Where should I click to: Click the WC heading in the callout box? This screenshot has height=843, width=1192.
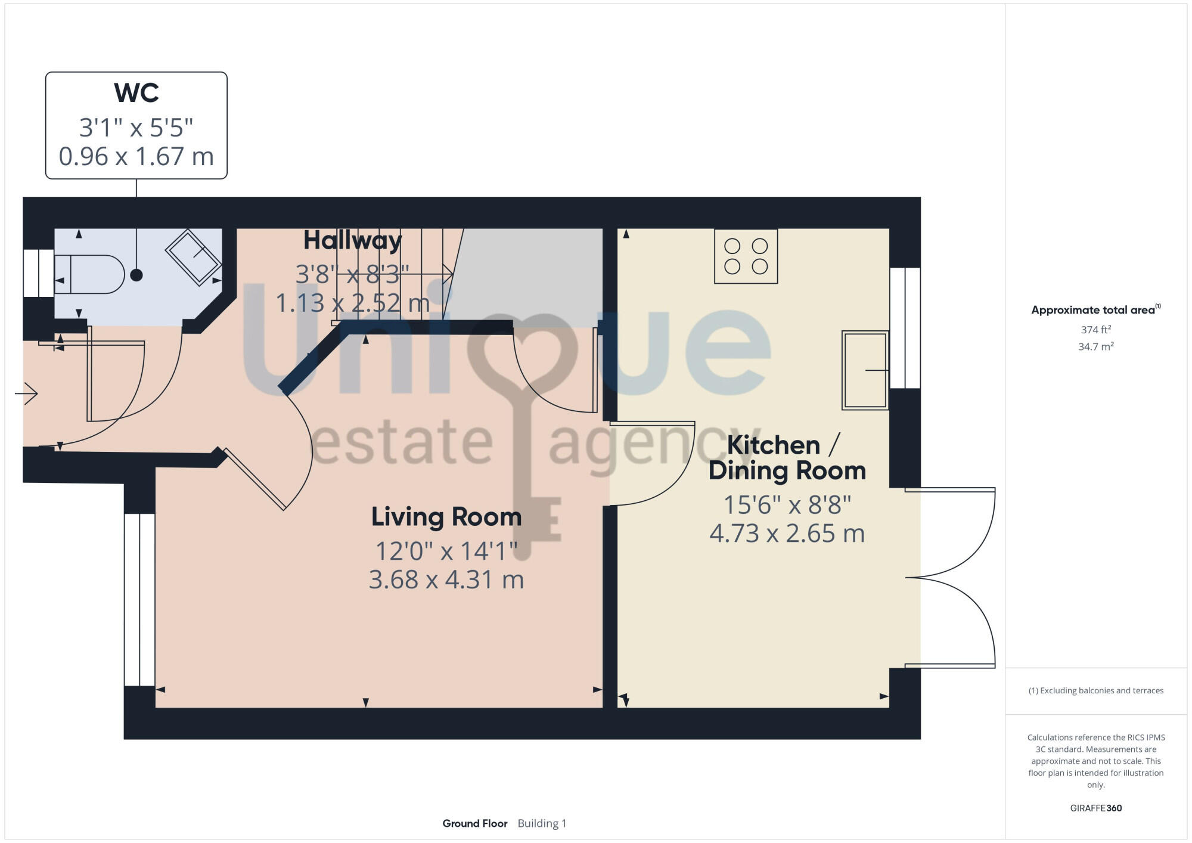click(x=136, y=93)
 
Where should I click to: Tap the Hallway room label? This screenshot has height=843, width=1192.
click(x=352, y=240)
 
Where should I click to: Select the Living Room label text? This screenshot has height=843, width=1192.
click(x=446, y=517)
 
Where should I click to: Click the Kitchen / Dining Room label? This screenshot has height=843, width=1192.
click(x=787, y=458)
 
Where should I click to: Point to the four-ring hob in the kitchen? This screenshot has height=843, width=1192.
click(x=746, y=256)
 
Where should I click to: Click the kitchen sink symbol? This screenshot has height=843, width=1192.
click(x=865, y=370)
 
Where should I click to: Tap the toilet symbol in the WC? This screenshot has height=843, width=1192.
click(x=89, y=274)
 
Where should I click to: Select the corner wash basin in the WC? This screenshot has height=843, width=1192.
click(x=193, y=256)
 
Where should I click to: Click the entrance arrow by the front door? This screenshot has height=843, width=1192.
click(x=27, y=393)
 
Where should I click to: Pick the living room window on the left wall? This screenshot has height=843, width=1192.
click(x=139, y=599)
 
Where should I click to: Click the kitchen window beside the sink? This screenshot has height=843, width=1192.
click(x=905, y=328)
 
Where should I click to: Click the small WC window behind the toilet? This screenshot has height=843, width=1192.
click(x=39, y=273)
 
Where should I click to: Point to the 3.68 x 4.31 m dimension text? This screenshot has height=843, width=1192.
click(x=446, y=579)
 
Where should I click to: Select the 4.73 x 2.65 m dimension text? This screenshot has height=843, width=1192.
click(x=787, y=534)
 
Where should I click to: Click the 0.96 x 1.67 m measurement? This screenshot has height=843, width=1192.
click(x=136, y=157)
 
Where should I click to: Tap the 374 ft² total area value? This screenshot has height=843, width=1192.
click(x=1095, y=330)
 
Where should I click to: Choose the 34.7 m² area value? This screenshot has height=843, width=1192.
click(x=1095, y=346)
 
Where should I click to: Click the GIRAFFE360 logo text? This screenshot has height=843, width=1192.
click(x=1095, y=808)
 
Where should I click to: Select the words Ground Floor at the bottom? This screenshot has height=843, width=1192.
click(x=474, y=823)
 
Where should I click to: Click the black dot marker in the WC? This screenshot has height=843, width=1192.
click(x=136, y=275)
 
